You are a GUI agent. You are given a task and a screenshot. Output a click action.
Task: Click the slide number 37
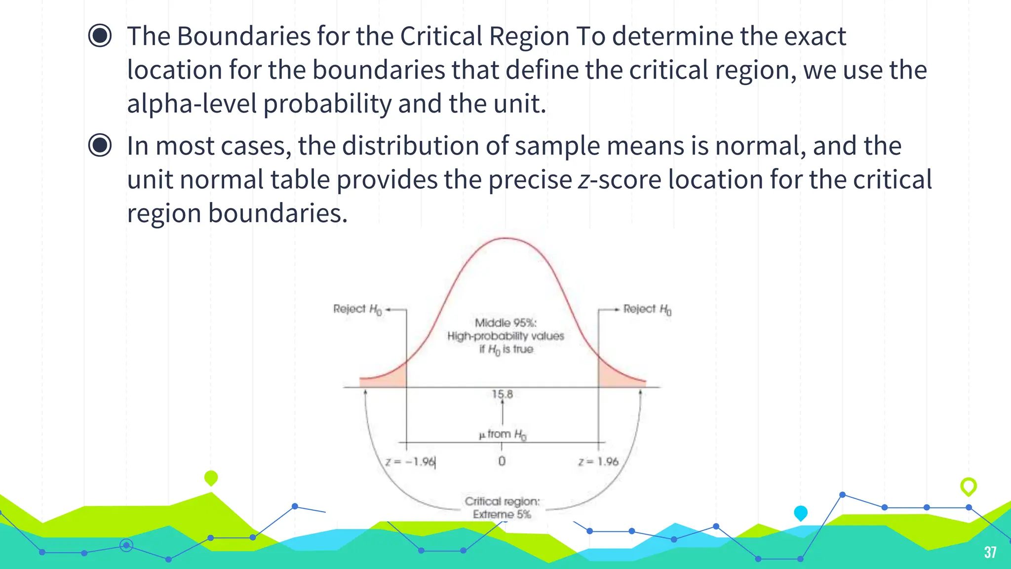990,552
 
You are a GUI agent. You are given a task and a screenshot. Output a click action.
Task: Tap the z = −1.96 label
410,462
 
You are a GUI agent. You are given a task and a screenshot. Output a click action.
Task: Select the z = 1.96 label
598,462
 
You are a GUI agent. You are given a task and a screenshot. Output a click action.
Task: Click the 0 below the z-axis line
502,461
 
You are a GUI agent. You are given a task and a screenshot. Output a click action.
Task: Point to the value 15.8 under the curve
502,394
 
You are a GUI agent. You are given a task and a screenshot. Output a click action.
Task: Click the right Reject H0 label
647,310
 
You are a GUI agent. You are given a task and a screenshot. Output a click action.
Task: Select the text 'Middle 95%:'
505,323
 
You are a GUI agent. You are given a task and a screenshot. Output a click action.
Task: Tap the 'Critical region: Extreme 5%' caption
502,508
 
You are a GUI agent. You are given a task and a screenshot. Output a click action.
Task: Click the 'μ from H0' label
502,434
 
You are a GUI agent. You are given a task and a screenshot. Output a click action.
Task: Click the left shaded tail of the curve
390,378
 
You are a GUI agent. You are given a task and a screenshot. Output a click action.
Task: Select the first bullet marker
100,36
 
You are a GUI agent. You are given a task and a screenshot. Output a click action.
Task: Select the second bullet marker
100,145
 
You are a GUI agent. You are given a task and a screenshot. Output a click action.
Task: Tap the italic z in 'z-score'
583,180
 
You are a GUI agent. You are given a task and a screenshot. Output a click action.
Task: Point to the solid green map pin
211,478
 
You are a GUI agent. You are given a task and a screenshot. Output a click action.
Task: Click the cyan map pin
800,513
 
